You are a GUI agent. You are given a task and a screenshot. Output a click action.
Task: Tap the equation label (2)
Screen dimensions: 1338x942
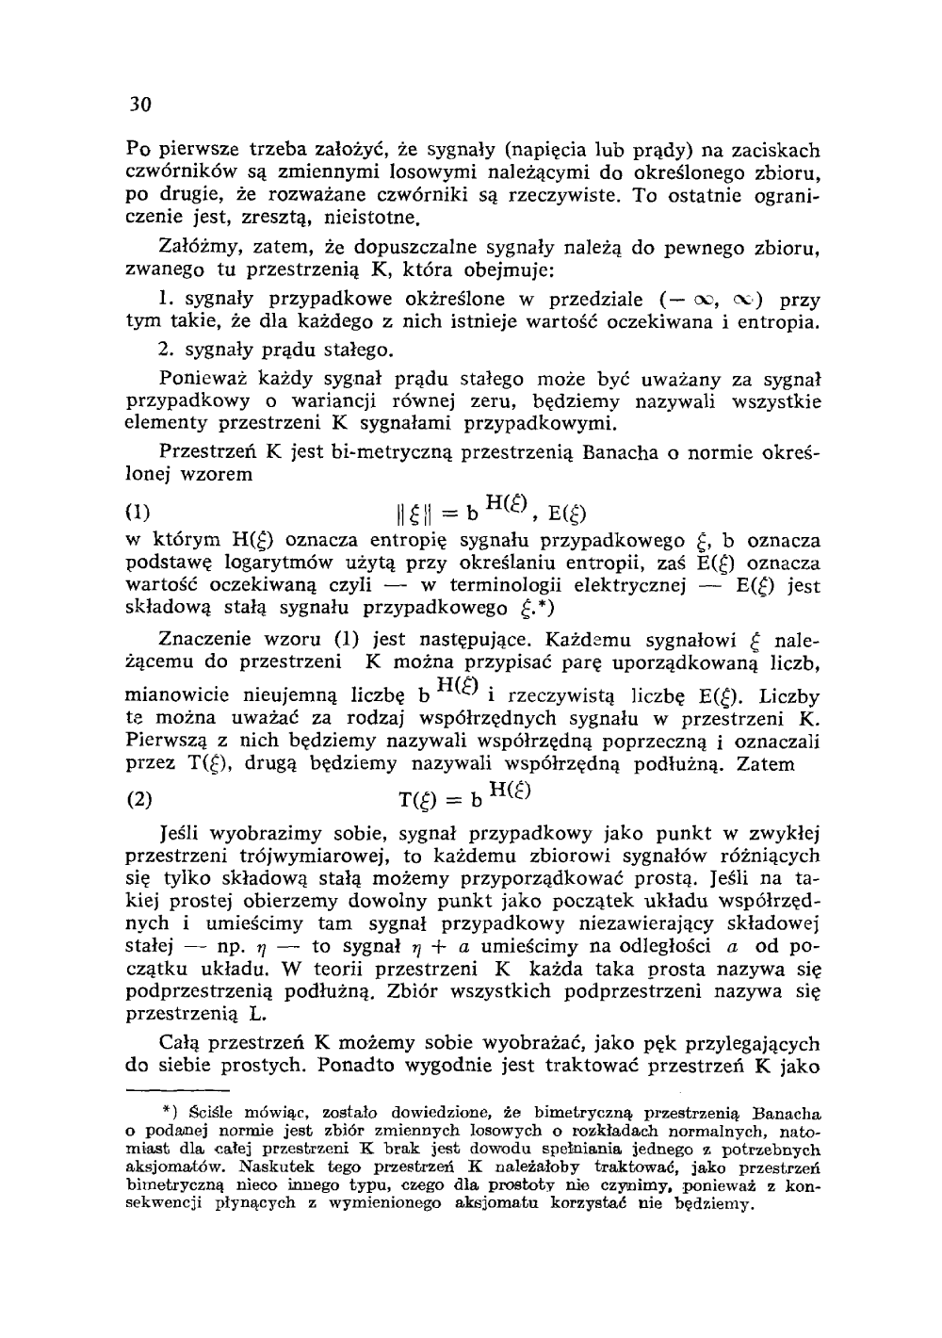point(139,801)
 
